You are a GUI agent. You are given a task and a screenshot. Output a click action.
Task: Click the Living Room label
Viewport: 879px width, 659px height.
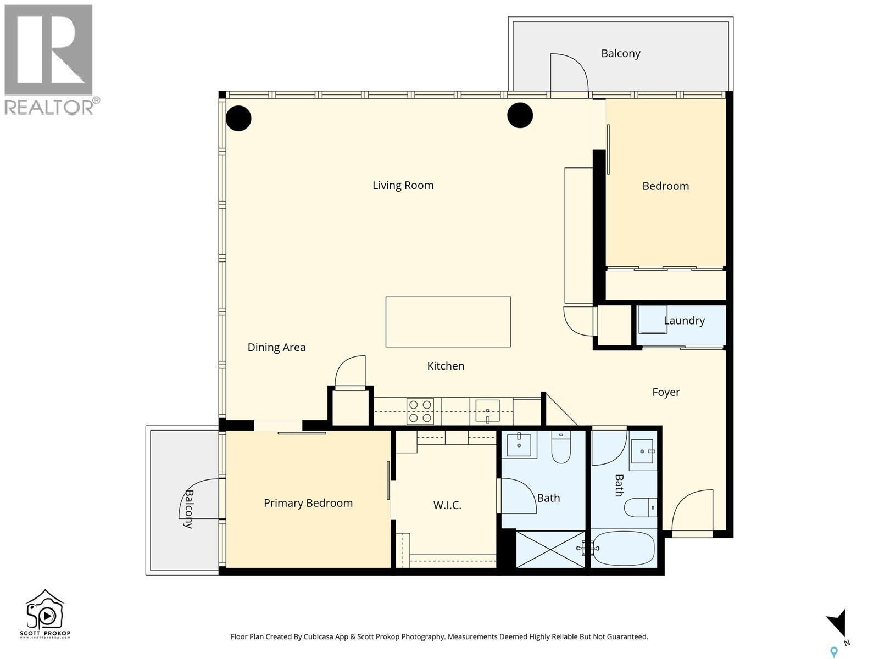403,185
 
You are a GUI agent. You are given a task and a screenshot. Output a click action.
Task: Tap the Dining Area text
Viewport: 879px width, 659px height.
276,347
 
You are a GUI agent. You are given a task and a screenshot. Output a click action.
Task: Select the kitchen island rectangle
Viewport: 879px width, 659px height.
448,322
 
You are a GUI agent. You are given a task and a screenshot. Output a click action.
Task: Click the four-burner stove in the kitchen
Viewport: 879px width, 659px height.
420,411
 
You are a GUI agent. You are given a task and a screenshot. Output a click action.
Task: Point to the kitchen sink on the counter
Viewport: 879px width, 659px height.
487,411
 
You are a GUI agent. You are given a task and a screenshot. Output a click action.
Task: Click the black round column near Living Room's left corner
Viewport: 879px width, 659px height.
239,118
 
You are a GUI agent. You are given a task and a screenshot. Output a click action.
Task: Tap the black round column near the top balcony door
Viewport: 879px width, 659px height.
520,115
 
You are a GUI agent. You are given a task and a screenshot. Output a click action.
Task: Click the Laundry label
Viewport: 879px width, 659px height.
684,320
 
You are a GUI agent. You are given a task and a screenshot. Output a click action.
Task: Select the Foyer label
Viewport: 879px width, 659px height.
666,392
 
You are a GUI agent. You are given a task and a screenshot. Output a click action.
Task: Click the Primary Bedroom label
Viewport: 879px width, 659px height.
308,503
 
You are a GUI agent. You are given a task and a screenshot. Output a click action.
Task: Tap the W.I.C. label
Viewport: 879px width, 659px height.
447,505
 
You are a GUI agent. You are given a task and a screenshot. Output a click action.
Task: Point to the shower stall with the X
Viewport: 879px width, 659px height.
550,549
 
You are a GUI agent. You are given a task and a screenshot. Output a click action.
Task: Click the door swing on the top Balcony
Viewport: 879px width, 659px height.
569,74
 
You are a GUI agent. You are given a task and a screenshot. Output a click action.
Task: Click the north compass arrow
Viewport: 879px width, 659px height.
837,624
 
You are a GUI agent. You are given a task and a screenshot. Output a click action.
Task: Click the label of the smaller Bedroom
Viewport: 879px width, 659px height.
665,186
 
